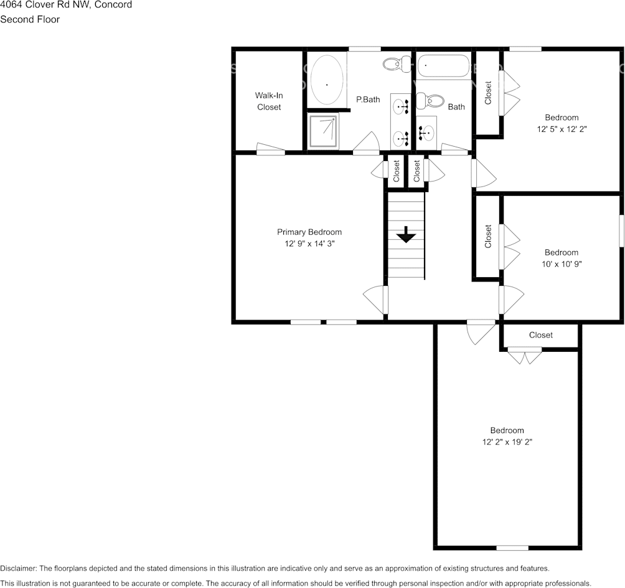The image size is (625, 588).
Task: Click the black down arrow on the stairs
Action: (406, 234)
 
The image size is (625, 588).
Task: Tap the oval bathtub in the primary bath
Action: (326, 81)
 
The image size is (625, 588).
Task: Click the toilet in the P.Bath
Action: (394, 63)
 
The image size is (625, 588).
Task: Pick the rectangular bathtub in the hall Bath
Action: (443, 66)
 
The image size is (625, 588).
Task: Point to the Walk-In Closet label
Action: (269, 101)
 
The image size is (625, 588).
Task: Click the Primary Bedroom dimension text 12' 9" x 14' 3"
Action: (309, 244)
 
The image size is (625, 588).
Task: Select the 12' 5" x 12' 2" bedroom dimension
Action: (562, 129)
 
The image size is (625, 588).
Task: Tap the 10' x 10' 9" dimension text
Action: (562, 264)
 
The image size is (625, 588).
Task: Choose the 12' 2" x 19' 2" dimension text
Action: (507, 442)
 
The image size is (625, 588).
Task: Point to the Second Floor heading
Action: (30, 19)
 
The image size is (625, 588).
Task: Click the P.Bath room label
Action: (368, 99)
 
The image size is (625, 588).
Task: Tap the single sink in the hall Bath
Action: (427, 132)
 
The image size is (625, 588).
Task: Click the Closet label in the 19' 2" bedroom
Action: (540, 335)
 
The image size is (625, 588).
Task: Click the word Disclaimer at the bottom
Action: (18, 568)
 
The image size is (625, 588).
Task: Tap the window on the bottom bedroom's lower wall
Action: (512, 548)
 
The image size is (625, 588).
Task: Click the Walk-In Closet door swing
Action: (271, 149)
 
